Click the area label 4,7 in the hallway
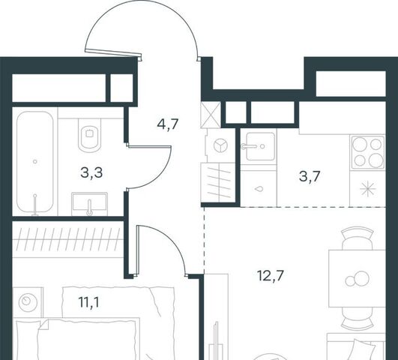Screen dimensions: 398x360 [168, 124]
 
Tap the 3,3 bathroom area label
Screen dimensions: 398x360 [91, 172]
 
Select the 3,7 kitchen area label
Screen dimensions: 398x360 [310, 176]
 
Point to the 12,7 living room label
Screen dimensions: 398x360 [270, 275]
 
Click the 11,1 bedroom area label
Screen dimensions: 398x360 [89, 302]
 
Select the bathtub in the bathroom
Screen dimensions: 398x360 [35, 162]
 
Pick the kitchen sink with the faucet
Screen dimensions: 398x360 [260, 146]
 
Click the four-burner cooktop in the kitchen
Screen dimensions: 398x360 [367, 153]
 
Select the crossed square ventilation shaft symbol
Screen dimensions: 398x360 [211, 114]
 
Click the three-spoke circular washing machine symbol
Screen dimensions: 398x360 [220, 146]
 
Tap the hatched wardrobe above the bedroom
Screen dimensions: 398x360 [67, 239]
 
